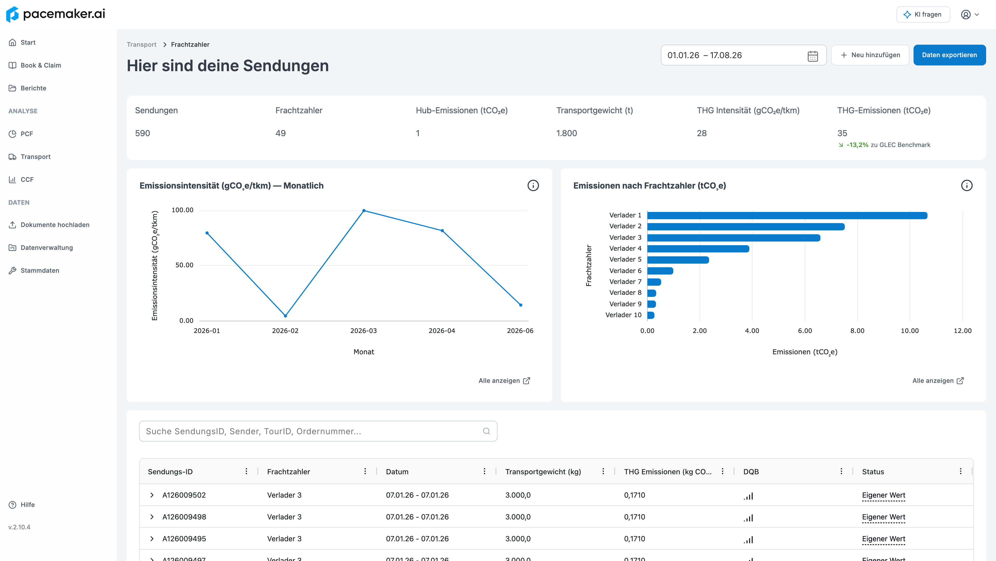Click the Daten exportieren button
pyautogui.click(x=949, y=55)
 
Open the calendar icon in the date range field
pyautogui.click(x=813, y=56)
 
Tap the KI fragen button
pyautogui.click(x=923, y=14)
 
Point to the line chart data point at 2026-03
pyautogui.click(x=364, y=211)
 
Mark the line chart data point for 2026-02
pyautogui.click(x=285, y=316)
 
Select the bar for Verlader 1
pyautogui.click(x=787, y=215)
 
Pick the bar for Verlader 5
pyautogui.click(x=678, y=260)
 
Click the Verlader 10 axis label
pyautogui.click(x=623, y=315)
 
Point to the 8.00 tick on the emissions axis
pyautogui.click(x=857, y=331)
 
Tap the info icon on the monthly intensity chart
pyautogui.click(x=533, y=185)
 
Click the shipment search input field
pyautogui.click(x=318, y=431)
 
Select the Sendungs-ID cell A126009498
pyautogui.click(x=184, y=517)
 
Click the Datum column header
pyautogui.click(x=397, y=472)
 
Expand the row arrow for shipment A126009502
pyautogui.click(x=152, y=495)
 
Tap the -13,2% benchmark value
pyautogui.click(x=857, y=145)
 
